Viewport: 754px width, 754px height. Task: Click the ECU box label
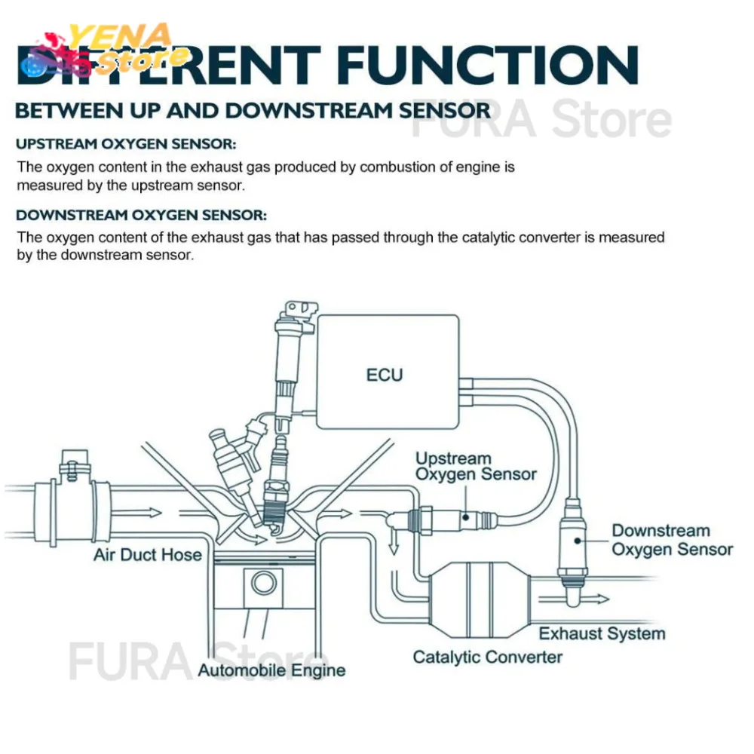385,374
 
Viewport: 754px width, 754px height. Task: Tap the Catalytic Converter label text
487,657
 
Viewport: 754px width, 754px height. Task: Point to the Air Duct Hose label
148,556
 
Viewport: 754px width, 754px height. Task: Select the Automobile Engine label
271,670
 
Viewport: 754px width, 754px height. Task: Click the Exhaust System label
602,633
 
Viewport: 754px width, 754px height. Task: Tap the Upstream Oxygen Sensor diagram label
476,467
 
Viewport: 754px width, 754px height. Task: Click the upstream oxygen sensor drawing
452,517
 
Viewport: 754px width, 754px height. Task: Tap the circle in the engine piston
264,583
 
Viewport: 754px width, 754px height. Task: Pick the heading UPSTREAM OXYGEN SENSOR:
127,143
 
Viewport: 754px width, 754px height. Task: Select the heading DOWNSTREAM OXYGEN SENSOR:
142,215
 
